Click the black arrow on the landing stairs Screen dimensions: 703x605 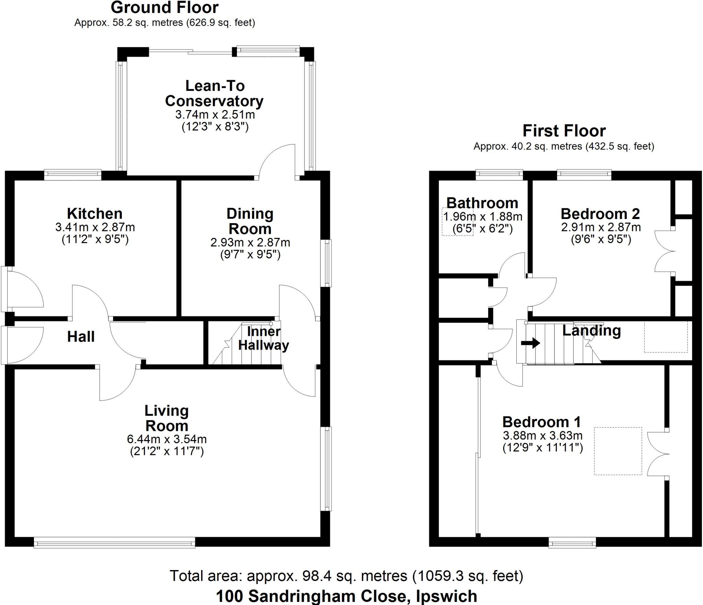pos(531,343)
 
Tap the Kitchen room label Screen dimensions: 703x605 pos(95,214)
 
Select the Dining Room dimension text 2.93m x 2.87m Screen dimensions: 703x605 pos(250,242)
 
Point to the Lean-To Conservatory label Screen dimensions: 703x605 pos(215,93)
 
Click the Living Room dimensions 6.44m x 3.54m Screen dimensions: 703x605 pos(167,439)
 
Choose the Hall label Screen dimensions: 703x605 pos(81,337)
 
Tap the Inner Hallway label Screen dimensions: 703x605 pos(264,338)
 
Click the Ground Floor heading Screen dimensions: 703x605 pos(165,8)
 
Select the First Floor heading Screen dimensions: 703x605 pos(564,131)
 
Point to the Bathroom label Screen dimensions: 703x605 pos(482,203)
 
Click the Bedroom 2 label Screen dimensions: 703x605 pos(600,214)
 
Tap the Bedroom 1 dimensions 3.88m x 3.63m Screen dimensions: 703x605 pos(543,435)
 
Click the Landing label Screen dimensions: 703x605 pos(592,330)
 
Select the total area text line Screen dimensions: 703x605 pos(346,576)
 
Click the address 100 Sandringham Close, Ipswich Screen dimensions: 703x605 pos(346,596)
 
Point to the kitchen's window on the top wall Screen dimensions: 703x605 pos(73,175)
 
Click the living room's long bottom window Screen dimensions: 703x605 pos(115,542)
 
